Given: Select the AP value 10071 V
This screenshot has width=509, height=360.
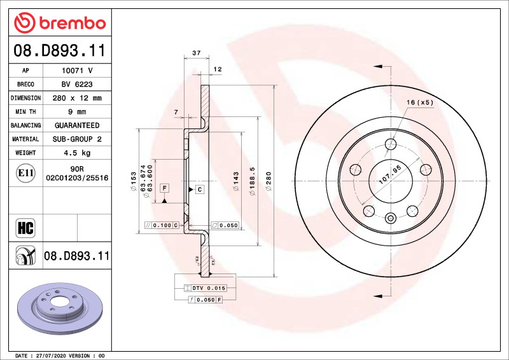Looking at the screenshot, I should (76, 71).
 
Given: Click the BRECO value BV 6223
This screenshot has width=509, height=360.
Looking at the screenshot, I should (76, 85).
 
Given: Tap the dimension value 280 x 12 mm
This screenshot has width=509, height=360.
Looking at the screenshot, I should (76, 98).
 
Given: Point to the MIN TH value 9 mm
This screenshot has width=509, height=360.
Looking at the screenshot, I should (76, 112).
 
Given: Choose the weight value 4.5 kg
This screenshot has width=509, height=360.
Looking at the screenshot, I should (76, 153).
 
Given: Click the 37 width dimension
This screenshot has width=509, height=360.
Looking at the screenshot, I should (197, 53).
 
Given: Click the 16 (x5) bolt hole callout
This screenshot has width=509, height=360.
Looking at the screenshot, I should (420, 102).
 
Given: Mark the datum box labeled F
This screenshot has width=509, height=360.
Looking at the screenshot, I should (164, 188).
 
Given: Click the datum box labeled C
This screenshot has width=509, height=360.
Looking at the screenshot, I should (199, 190).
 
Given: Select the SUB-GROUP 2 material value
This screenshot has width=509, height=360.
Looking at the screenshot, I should (76, 139).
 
